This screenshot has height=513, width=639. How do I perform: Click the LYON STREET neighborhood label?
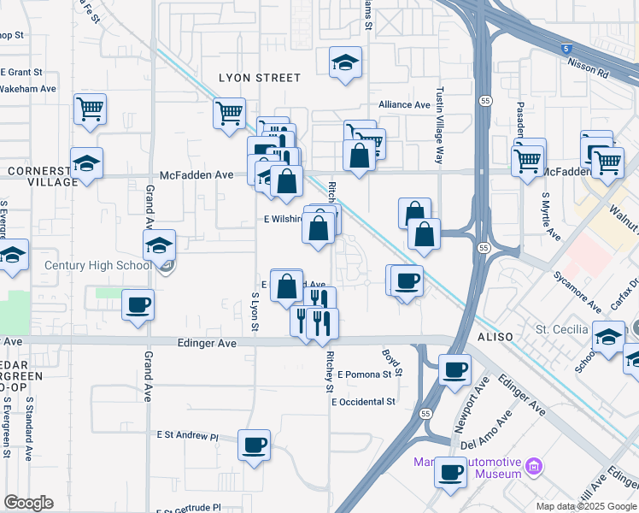[260, 78]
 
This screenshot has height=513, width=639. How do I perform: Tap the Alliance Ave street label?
[405, 104]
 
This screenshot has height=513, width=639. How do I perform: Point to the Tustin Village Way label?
[440, 123]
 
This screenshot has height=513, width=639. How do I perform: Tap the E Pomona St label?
[369, 374]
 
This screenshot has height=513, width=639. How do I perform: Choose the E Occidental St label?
[364, 401]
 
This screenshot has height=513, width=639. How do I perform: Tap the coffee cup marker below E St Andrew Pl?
[255, 445]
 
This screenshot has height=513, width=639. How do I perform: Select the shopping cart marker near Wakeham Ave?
[90, 109]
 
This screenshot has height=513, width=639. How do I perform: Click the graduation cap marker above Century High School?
[160, 245]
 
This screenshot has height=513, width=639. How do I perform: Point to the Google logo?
[28, 503]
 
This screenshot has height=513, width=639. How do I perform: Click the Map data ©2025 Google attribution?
[586, 506]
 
